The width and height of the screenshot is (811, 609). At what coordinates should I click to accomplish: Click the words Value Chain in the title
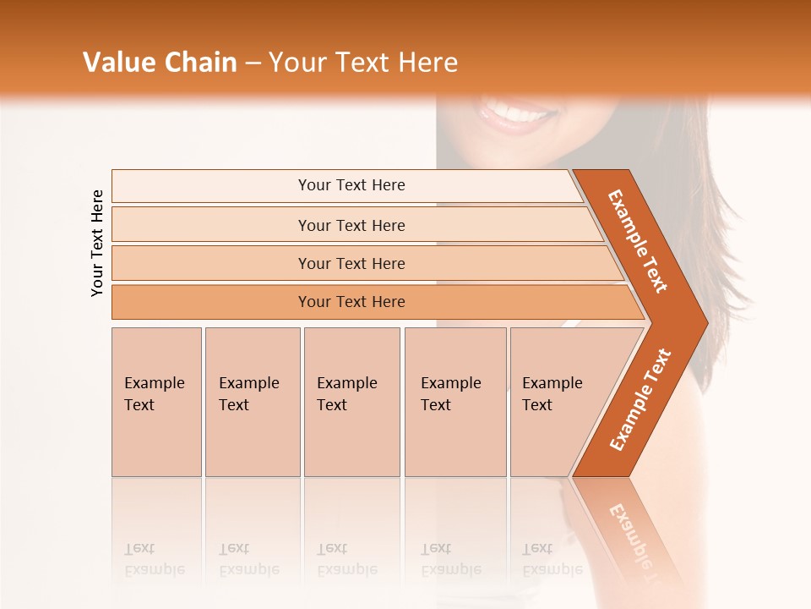pyautogui.click(x=160, y=62)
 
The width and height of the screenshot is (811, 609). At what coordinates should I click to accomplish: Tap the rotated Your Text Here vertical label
pyautogui.click(x=97, y=243)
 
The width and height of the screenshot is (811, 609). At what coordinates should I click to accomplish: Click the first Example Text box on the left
pyautogui.click(x=156, y=402)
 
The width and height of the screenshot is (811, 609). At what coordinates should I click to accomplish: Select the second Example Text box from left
pyautogui.click(x=253, y=402)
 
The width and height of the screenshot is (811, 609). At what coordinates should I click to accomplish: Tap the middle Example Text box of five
pyautogui.click(x=351, y=402)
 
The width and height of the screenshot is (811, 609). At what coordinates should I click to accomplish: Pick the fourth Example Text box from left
pyautogui.click(x=455, y=402)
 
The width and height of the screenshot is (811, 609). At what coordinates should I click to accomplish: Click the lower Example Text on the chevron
pyautogui.click(x=640, y=399)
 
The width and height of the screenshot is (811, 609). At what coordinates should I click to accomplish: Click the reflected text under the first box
pyautogui.click(x=154, y=559)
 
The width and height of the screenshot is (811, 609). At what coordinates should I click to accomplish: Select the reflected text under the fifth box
pyautogui.click(x=552, y=559)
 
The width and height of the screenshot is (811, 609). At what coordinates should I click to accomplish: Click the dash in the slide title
pyautogui.click(x=253, y=63)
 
